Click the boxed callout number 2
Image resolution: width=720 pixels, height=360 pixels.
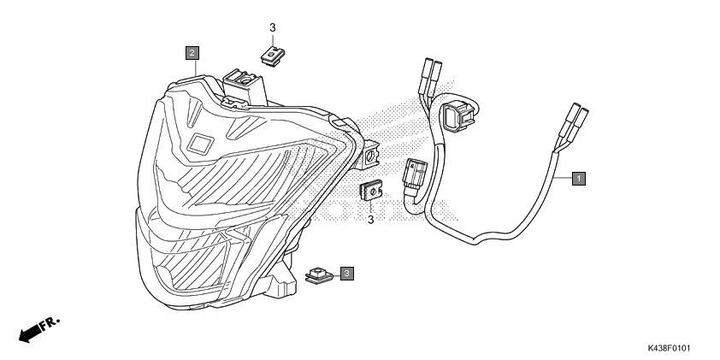click(x=193, y=53)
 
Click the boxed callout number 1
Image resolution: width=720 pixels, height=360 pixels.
click(x=578, y=178)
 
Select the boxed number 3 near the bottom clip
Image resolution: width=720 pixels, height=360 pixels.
click(x=346, y=273)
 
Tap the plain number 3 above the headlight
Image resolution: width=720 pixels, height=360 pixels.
click(x=273, y=28)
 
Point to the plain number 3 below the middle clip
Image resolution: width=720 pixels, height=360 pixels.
click(x=370, y=221)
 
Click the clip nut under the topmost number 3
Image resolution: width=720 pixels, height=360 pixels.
click(x=272, y=56)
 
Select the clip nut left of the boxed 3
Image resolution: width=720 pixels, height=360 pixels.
click(x=319, y=275)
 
